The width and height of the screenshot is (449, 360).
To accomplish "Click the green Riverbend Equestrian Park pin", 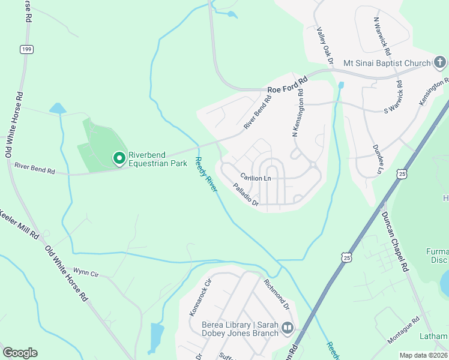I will [x=119, y=158].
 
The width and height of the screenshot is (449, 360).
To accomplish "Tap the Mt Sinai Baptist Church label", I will [x=387, y=63].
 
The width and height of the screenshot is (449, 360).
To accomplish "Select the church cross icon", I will [x=440, y=62].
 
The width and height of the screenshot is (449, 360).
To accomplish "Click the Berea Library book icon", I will [x=288, y=328].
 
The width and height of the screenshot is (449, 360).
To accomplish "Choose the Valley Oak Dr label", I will [x=325, y=46].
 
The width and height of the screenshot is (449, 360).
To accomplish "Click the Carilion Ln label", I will [x=256, y=177].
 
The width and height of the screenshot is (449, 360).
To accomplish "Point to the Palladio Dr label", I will [x=246, y=196].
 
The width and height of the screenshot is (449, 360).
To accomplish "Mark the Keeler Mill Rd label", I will [x=19, y=224].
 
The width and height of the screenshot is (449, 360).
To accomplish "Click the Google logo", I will [x=20, y=352].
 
